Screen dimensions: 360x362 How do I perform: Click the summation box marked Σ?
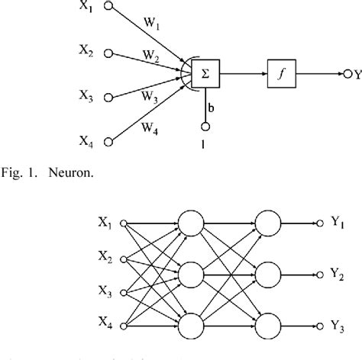(205, 75)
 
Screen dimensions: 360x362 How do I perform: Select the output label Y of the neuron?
(357, 73)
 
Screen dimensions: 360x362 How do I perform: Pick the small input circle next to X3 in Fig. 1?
(109, 97)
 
